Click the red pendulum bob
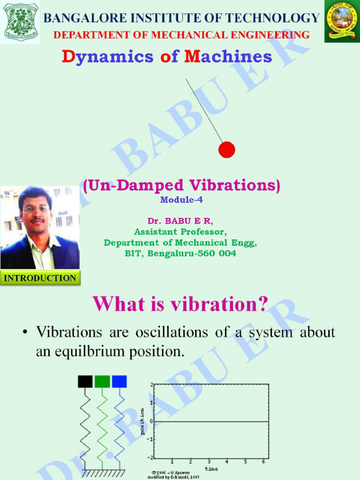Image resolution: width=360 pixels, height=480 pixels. pyautogui.click(x=226, y=149)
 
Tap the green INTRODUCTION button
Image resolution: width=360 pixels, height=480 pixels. pyautogui.click(x=40, y=278)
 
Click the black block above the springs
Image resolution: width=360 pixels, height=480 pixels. pyautogui.click(x=85, y=382)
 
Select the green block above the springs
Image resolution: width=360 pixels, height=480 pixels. pyautogui.click(x=102, y=382)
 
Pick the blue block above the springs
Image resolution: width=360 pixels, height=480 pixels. pyautogui.click(x=119, y=382)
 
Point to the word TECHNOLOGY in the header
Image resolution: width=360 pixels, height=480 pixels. pyautogui.click(x=277, y=18)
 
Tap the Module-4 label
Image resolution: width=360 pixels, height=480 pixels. pyautogui.click(x=181, y=200)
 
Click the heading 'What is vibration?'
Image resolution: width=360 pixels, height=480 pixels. pyautogui.click(x=180, y=304)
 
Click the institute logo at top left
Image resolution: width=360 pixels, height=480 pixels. pyautogui.click(x=21, y=22)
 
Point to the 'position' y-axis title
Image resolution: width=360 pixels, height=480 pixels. pyautogui.click(x=143, y=421)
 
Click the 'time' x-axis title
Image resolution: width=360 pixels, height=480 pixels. pyautogui.click(x=211, y=468)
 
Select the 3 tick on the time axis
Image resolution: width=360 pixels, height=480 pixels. pyautogui.click(x=209, y=462)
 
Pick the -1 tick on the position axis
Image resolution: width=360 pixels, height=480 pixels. pyautogui.click(x=151, y=439)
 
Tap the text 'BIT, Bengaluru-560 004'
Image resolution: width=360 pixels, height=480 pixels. pyautogui.click(x=181, y=254)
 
